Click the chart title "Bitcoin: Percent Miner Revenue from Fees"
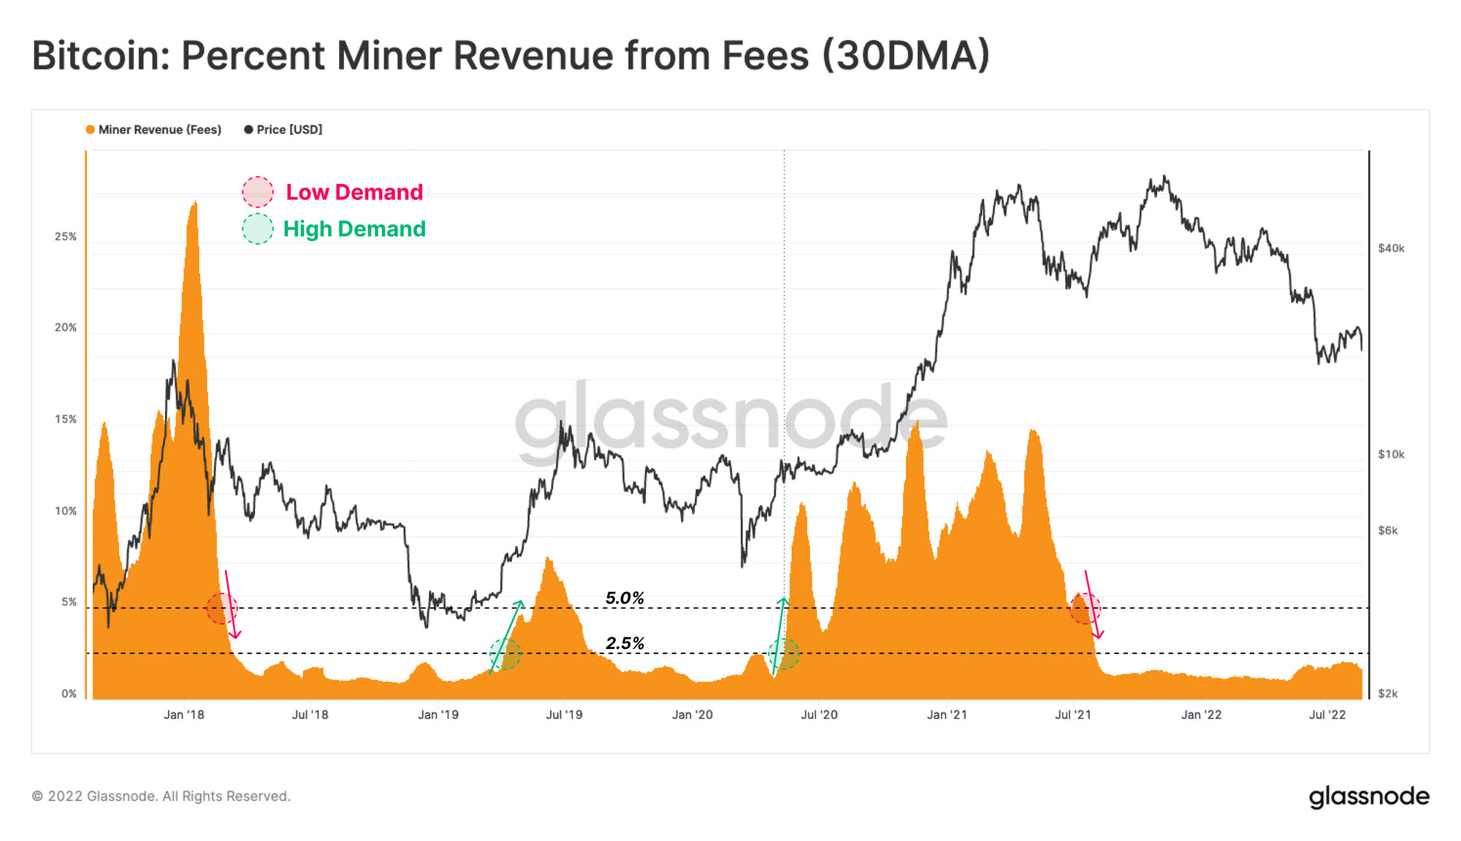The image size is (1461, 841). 511,55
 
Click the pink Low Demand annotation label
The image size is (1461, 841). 354,192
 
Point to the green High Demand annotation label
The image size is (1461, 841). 354,229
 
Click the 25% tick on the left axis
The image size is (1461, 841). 66,237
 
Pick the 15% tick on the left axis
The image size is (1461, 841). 66,419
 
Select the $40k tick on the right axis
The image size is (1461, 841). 1391,248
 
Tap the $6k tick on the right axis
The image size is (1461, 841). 1387,531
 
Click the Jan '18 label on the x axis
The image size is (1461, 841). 184,715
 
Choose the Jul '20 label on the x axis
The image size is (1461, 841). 819,715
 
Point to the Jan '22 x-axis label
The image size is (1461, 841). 1201,715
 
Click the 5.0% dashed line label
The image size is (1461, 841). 625,599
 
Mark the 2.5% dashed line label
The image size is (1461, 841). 625,644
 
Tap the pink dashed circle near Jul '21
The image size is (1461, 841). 1085,608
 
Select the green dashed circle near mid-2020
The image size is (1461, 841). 784,653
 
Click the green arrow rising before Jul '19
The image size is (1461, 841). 506,637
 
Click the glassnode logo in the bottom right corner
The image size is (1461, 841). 1368,796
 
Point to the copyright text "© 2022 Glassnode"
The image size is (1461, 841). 161,796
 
